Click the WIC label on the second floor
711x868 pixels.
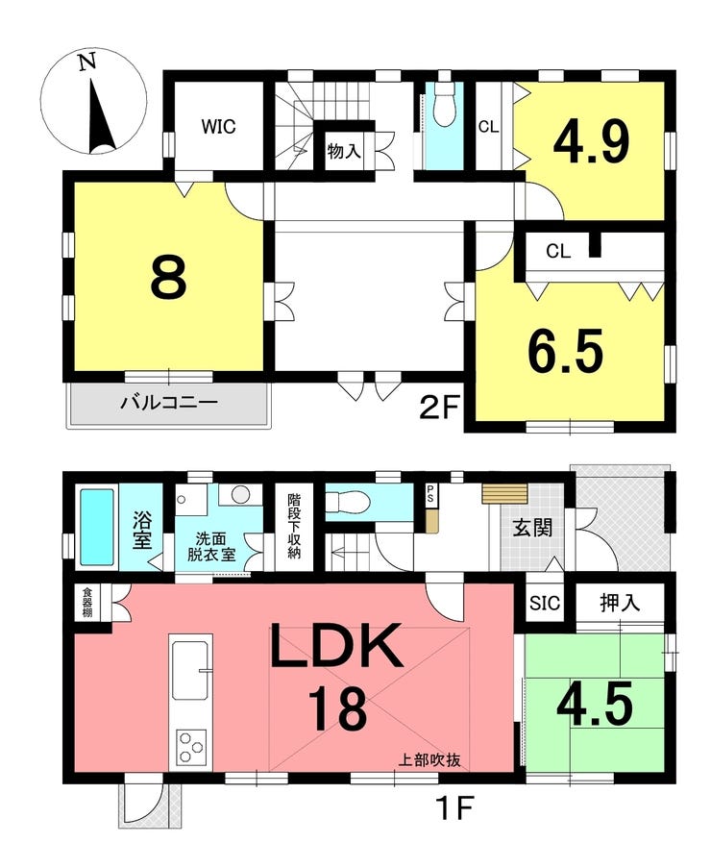(x=218, y=127)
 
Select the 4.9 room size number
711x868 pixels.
(x=592, y=142)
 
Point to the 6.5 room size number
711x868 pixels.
(x=566, y=351)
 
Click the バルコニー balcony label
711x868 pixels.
(x=169, y=402)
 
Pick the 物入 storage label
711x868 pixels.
(x=343, y=150)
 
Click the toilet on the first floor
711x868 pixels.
(x=346, y=503)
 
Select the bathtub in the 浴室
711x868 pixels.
(x=97, y=527)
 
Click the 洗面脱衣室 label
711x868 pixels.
(x=210, y=547)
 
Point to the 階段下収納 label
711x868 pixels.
(x=294, y=526)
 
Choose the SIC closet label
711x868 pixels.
(x=545, y=603)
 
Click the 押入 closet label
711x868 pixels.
(x=620, y=603)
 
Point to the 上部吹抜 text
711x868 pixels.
(x=429, y=760)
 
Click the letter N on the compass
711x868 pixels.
(x=86, y=61)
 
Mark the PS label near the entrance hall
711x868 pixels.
(x=430, y=494)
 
